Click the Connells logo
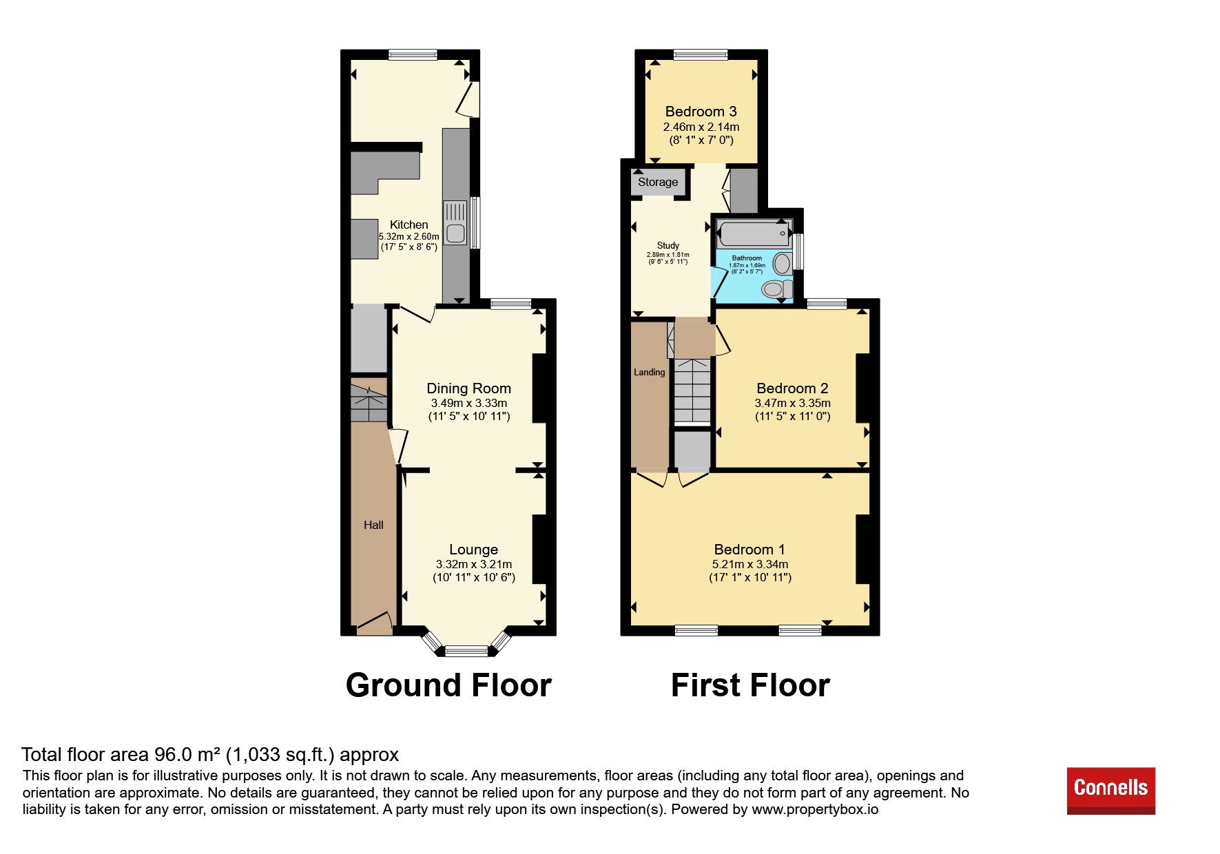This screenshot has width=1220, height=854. (x=1110, y=790)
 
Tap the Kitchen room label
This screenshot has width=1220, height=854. (x=409, y=225)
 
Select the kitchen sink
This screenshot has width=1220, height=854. (x=455, y=222)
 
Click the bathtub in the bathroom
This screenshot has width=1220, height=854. (x=754, y=233)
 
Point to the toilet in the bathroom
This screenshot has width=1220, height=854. (x=776, y=289)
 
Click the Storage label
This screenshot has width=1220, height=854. (x=658, y=182)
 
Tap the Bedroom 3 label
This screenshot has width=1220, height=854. (x=701, y=111)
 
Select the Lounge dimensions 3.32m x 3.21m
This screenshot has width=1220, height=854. (x=474, y=564)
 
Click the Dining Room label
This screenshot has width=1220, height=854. (x=469, y=388)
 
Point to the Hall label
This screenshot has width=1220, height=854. (x=373, y=525)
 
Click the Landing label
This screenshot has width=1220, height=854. (x=650, y=372)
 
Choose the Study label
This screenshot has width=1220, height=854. (x=668, y=245)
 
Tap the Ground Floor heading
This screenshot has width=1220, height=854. (x=448, y=685)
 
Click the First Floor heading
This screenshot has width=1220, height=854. (x=750, y=685)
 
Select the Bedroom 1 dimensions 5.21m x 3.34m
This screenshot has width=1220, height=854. (x=750, y=564)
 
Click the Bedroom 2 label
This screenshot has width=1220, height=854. (x=792, y=388)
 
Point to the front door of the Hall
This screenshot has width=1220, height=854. (x=375, y=623)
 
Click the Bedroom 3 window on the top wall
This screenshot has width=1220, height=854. (x=701, y=54)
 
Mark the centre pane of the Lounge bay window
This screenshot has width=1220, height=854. (x=466, y=650)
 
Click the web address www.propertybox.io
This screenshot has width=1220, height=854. (x=815, y=809)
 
